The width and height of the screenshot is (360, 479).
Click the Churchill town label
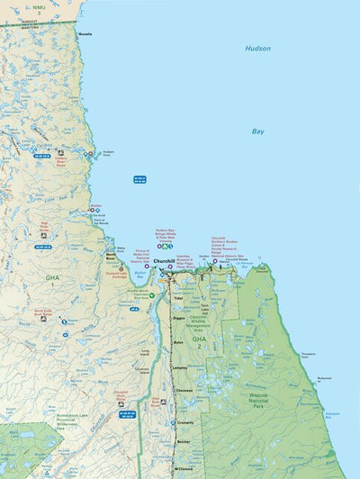coord(163,261)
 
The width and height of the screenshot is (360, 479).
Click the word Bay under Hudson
coord(258,131)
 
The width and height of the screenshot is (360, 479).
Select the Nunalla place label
coord(85,33)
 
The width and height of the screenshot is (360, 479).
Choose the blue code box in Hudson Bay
coord(139,180)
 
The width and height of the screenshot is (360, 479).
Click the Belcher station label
coord(184,442)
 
